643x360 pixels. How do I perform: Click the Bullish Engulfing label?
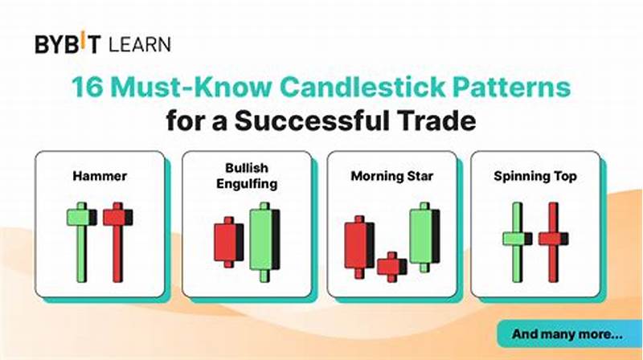(x=245, y=177)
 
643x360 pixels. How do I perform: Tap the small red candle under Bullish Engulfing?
(x=227, y=241)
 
